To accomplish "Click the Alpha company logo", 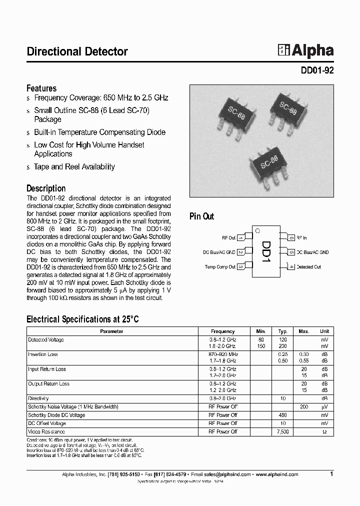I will tap(306, 50).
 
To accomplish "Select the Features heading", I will tap(41, 88).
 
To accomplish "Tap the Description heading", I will tap(46, 188).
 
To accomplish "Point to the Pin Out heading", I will tap(201, 216).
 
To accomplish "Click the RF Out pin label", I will tap(228, 238).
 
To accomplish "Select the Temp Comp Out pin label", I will tap(220, 267).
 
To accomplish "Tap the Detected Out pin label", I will tap(309, 267).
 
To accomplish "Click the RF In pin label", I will tap(301, 238).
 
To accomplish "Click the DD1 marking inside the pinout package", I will tap(266, 252).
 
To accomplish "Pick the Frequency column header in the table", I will tap(223, 331).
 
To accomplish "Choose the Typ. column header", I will tap(283, 331).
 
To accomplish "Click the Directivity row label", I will tap(38, 398).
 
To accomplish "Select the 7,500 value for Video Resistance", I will tap(283, 431).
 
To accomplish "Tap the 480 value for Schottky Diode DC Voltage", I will tap(283, 415).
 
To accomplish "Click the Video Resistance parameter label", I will tap(46, 431).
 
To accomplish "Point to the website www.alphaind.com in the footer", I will tap(277, 474).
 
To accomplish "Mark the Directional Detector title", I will tap(77, 51).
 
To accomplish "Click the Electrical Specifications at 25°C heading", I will tap(82, 319).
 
